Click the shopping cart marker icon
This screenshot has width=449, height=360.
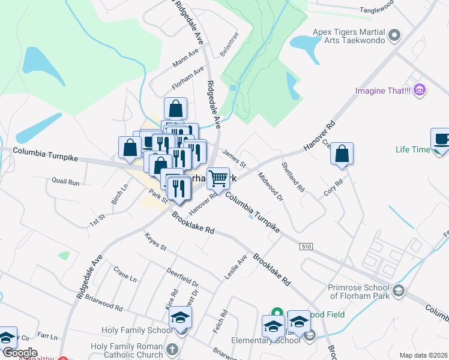[x=218, y=178]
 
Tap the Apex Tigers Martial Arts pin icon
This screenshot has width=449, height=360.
[x=394, y=35]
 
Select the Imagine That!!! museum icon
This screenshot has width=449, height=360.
[x=420, y=91]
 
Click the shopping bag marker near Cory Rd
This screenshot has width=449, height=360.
[x=342, y=153]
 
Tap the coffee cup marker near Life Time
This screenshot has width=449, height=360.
[x=441, y=139]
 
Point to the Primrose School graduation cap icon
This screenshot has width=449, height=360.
[x=397, y=292]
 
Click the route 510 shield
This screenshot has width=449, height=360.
[x=306, y=246]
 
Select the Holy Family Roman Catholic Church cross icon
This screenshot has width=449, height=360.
[x=172, y=349]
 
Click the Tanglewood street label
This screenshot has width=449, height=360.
[x=376, y=10]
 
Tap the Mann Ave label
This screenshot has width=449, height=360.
[x=185, y=59]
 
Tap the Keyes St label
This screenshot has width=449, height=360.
[x=155, y=244]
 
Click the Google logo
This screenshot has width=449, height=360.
[x=20, y=353]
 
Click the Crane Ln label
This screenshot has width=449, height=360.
[x=125, y=274]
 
